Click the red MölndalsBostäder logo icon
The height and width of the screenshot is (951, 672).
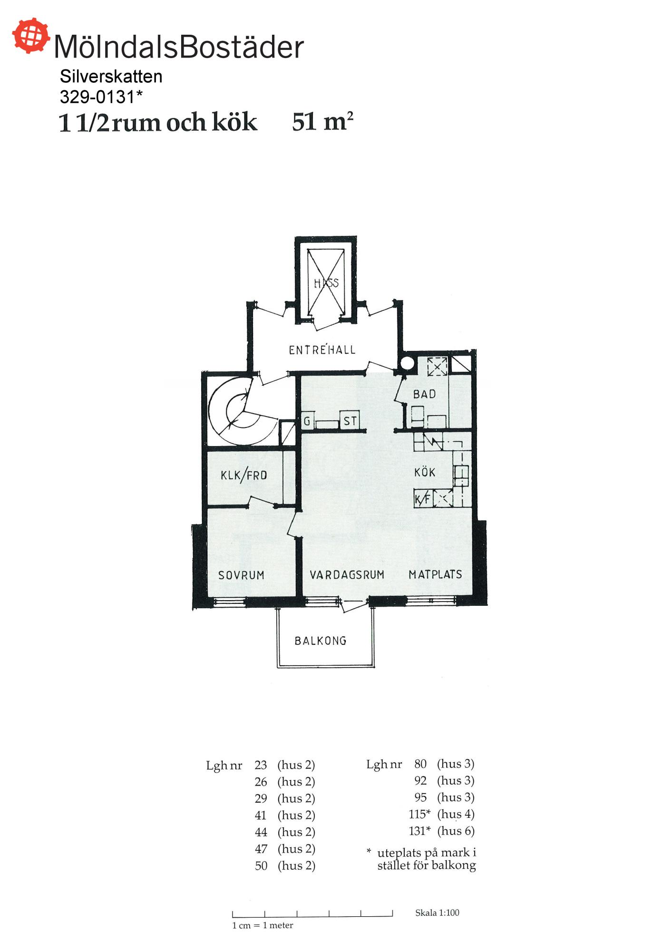(31, 36)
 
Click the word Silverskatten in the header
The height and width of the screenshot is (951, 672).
(111, 77)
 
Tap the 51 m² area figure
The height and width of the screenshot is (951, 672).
(322, 122)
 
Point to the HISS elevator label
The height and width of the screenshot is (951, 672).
(326, 283)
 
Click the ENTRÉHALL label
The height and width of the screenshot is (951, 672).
(322, 349)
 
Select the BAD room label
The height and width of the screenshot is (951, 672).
(424, 394)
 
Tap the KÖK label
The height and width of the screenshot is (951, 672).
(425, 472)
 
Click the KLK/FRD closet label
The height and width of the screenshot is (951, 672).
(243, 475)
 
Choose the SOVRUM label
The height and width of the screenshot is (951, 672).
(241, 575)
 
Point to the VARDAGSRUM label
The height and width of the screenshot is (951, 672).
(347, 575)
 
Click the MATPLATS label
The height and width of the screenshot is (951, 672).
(435, 574)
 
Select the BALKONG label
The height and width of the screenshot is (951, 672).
(321, 641)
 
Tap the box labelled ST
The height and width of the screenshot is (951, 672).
(350, 420)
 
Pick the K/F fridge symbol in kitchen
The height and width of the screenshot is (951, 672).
(423, 499)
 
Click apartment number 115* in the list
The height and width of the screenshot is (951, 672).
(419, 814)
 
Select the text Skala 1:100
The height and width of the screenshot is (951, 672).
(437, 912)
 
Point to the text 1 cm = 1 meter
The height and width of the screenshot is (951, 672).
(263, 925)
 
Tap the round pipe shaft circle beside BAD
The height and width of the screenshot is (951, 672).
(407, 363)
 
